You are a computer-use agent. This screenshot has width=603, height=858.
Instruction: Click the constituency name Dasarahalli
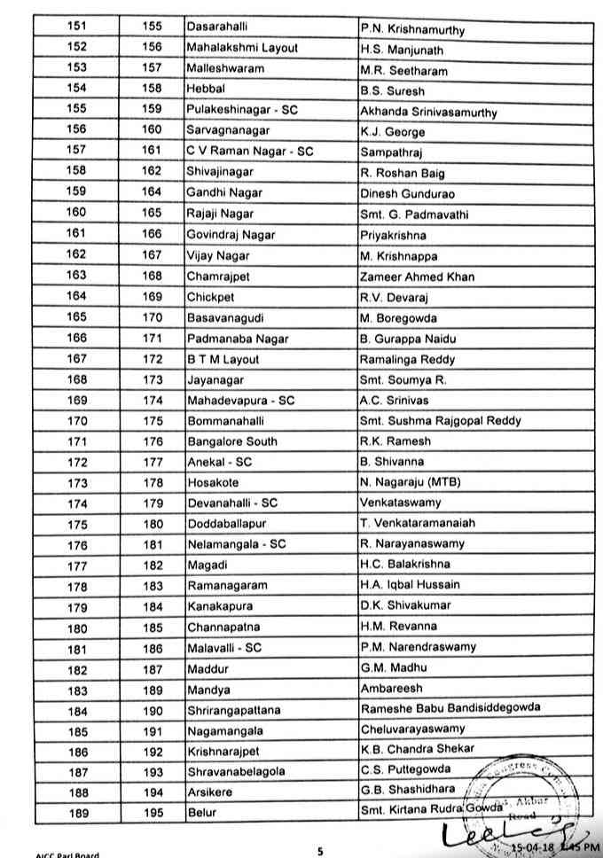pos(217,27)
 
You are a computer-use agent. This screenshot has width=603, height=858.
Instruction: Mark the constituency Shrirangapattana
pos(235,709)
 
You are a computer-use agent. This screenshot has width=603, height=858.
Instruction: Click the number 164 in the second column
pos(152,193)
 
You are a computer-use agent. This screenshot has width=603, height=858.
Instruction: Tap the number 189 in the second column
pos(152,689)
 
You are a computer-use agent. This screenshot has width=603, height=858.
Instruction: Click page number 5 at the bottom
pos(321,851)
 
